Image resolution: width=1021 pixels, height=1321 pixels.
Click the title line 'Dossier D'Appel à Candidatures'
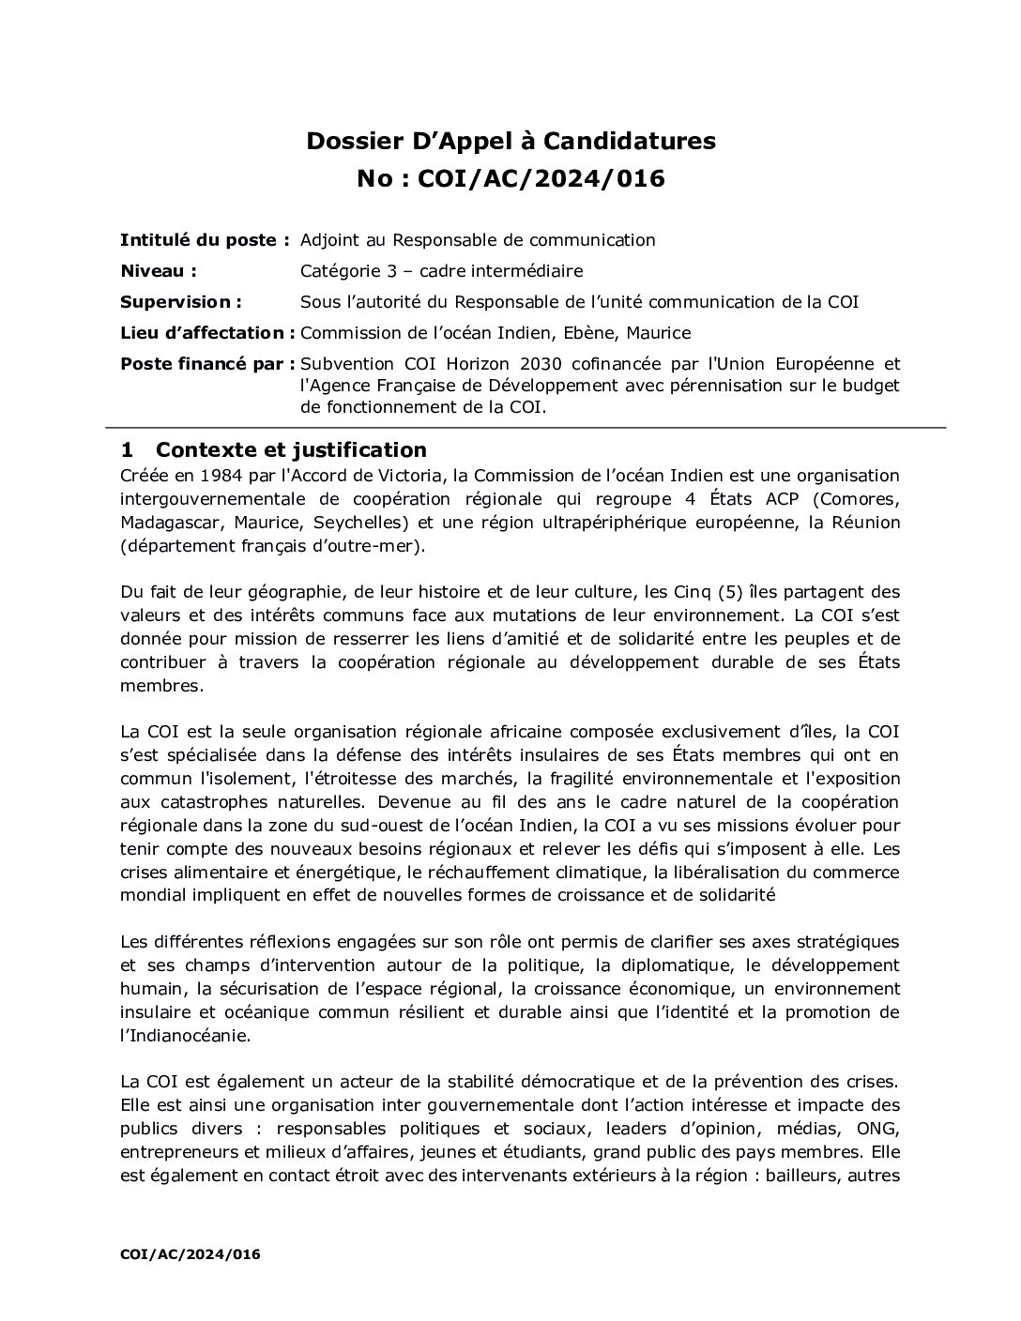click(x=510, y=141)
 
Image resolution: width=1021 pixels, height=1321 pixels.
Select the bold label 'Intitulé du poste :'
click(x=205, y=240)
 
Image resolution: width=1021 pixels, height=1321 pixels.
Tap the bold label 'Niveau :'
click(x=159, y=271)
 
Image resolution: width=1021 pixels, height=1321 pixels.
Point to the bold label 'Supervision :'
click(x=181, y=302)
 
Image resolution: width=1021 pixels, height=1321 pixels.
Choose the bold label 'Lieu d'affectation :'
click(x=207, y=333)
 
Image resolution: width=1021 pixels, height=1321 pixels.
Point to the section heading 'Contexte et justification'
click(x=291, y=449)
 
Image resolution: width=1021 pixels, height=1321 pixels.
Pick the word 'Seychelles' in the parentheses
click(x=343, y=522)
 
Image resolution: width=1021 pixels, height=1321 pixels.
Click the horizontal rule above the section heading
click(x=525, y=428)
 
